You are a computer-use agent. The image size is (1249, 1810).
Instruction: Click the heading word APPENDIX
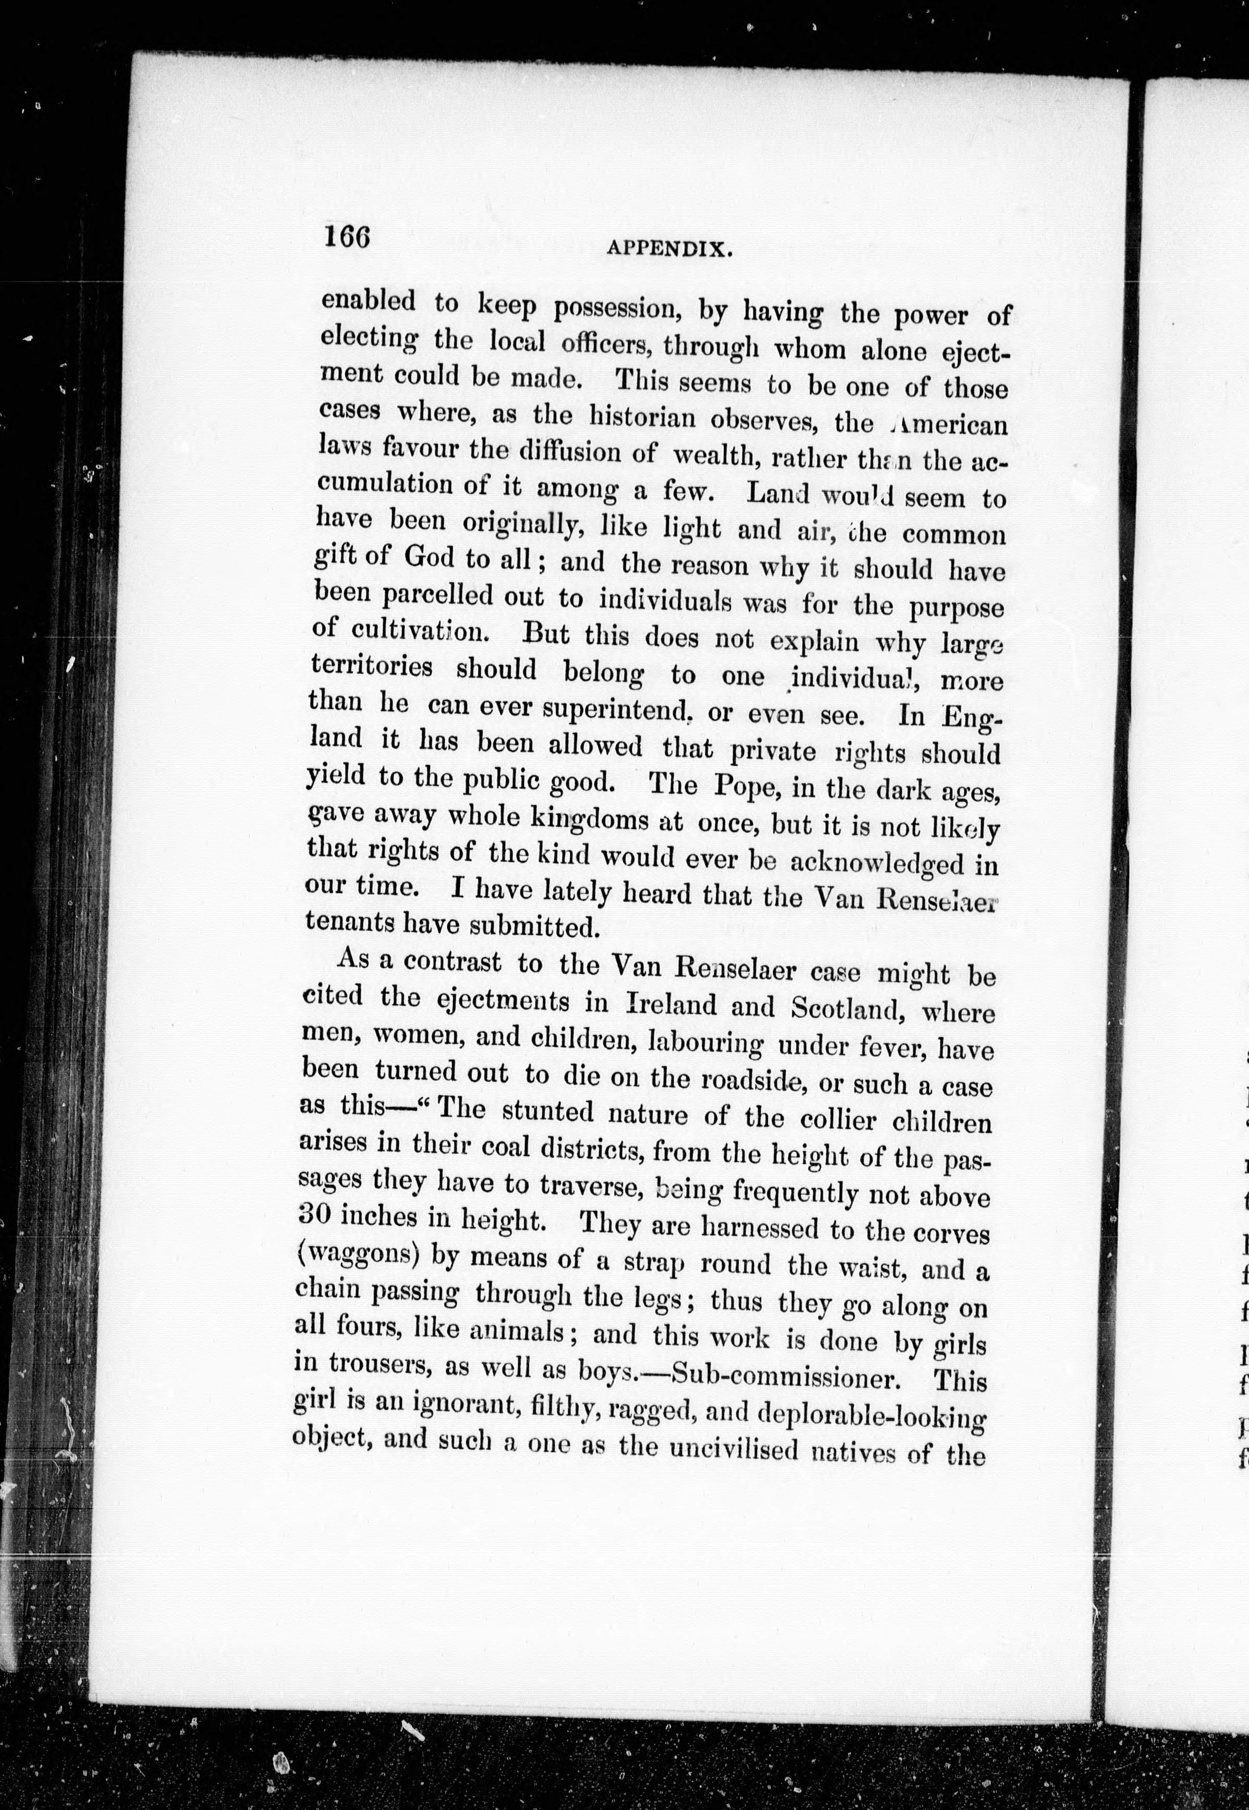click(669, 249)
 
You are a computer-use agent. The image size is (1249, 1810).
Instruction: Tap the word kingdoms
click(585, 818)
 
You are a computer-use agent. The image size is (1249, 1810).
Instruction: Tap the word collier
click(839, 1119)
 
